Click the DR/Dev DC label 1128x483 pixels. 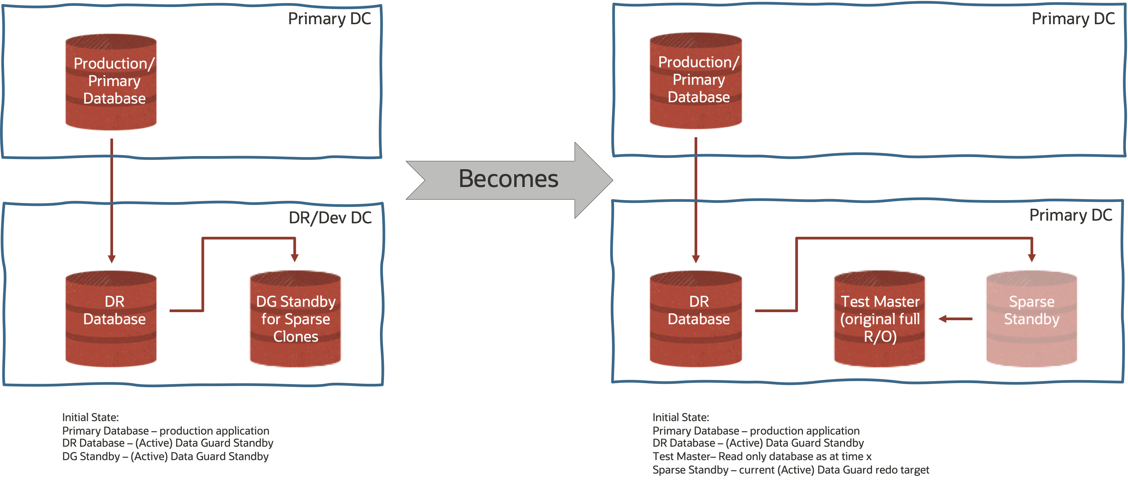coord(330,217)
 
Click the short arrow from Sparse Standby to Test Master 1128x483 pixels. coord(955,319)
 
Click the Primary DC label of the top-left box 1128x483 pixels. coord(329,19)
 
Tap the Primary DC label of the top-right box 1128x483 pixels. coord(1073,19)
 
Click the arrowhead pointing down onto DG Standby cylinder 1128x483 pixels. coord(295,258)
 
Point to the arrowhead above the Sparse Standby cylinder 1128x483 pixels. coord(1032,258)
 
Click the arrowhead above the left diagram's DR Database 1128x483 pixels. coord(112,259)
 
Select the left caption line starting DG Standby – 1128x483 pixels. coord(165,456)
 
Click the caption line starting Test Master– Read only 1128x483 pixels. coord(762,456)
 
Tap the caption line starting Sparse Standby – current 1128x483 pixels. coord(790,470)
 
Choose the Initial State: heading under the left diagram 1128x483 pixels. coord(90,417)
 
